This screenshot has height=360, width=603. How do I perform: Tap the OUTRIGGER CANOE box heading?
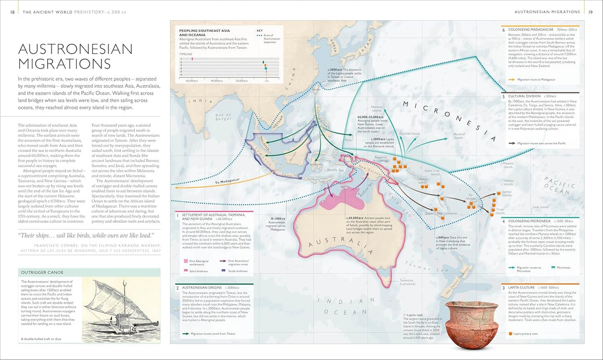click(41, 272)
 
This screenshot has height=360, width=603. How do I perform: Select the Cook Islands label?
click(540, 207)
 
